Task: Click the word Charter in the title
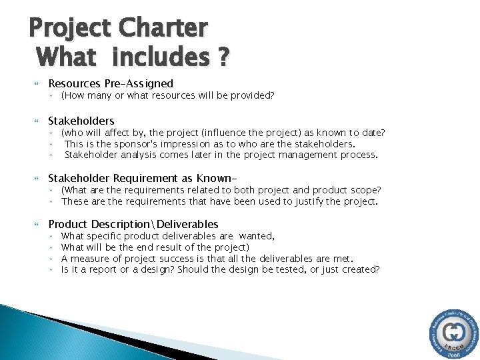pyautogui.click(x=163, y=28)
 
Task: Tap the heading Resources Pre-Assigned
pyautogui.click(x=111, y=84)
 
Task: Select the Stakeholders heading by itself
pyautogui.click(x=81, y=121)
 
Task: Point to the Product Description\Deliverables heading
pyautogui.click(x=133, y=224)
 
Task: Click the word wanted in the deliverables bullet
pyautogui.click(x=256, y=236)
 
